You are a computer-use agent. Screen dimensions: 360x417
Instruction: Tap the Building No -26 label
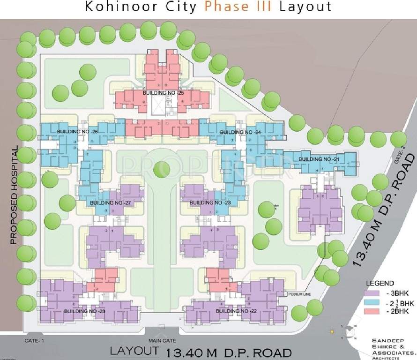[77, 132]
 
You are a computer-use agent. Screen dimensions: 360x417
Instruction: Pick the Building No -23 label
[210, 203]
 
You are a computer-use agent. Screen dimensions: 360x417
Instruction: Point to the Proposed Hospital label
[14, 195]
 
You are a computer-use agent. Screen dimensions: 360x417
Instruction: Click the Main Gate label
[162, 341]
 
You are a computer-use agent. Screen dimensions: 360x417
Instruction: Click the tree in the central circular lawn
[161, 169]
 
